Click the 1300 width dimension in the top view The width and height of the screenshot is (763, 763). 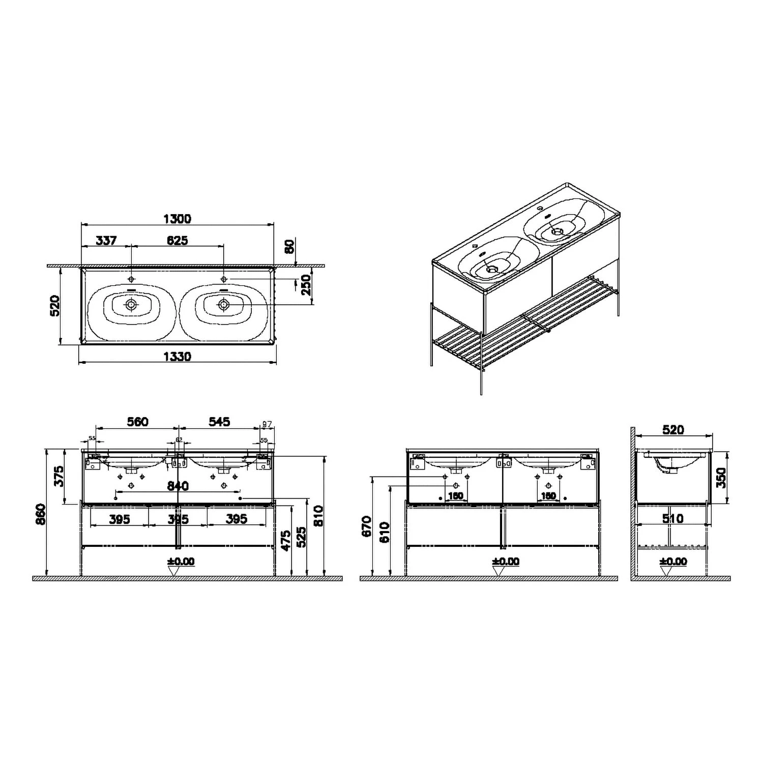pyautogui.click(x=177, y=219)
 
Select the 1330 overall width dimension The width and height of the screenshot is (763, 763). pyautogui.click(x=177, y=357)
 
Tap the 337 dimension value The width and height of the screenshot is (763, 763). pyautogui.click(x=106, y=240)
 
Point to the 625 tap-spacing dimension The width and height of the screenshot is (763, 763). pyautogui.click(x=177, y=240)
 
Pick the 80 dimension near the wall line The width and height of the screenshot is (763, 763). pyautogui.click(x=289, y=247)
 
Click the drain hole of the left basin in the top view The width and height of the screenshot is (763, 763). pyautogui.click(x=131, y=305)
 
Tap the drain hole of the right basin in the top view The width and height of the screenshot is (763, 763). pyautogui.click(x=223, y=305)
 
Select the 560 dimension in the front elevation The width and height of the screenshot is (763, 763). pyautogui.click(x=137, y=422)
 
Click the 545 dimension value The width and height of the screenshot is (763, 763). pyautogui.click(x=219, y=422)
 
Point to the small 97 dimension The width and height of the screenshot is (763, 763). pyautogui.click(x=267, y=424)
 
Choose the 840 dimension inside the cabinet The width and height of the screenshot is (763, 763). pyautogui.click(x=178, y=486)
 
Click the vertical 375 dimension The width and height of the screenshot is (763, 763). pyautogui.click(x=60, y=476)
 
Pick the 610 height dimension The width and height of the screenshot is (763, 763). pyautogui.click(x=385, y=532)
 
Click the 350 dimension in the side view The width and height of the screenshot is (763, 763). pyautogui.click(x=721, y=477)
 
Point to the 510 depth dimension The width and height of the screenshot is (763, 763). pyautogui.click(x=672, y=518)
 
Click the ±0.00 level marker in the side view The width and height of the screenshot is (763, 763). pyautogui.click(x=672, y=562)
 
